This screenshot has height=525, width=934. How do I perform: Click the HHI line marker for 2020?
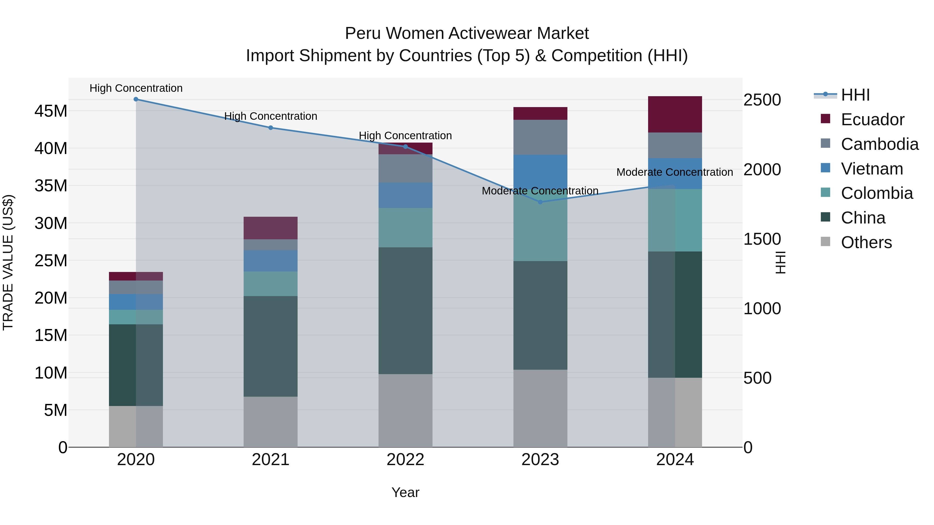136,99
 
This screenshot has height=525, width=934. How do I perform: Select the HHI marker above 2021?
271,128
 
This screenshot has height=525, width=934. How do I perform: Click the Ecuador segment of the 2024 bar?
675,115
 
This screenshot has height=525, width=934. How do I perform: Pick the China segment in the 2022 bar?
405,311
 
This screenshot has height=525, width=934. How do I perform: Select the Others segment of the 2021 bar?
271,422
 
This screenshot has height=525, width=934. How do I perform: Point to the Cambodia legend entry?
880,144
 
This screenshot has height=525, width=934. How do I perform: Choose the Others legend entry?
866,242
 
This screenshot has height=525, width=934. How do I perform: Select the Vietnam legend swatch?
826,168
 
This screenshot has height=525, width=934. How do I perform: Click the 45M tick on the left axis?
51,111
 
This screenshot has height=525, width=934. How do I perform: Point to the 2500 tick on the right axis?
762,100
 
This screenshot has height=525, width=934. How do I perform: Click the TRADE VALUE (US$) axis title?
8,262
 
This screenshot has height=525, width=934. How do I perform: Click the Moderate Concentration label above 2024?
674,172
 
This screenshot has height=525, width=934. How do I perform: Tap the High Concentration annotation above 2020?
136,88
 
